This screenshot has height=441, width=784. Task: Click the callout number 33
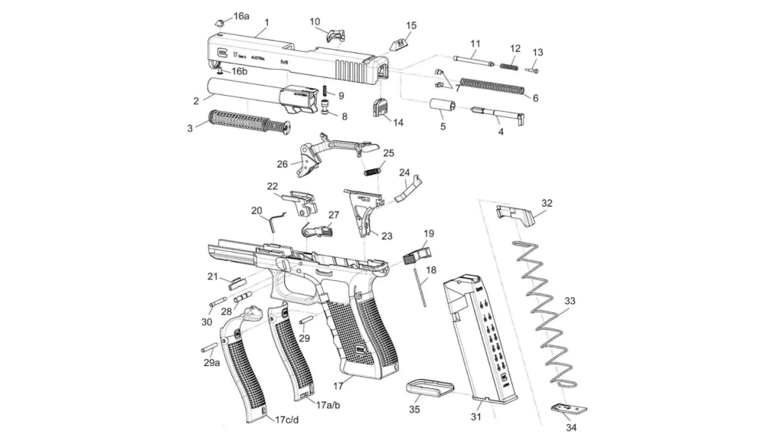click(x=569, y=302)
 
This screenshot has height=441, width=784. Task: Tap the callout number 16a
click(x=241, y=16)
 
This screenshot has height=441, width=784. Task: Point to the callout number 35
click(x=414, y=410)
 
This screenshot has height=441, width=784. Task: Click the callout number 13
click(x=537, y=52)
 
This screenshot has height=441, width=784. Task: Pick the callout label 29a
click(x=213, y=363)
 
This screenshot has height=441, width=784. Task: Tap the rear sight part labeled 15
click(x=400, y=43)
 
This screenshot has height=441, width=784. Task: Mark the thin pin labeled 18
click(x=420, y=286)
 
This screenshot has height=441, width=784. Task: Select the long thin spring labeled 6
click(x=492, y=85)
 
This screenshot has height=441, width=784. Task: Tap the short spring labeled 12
click(x=513, y=66)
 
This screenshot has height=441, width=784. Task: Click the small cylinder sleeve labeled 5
click(x=442, y=106)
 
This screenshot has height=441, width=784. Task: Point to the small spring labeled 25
click(x=373, y=170)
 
